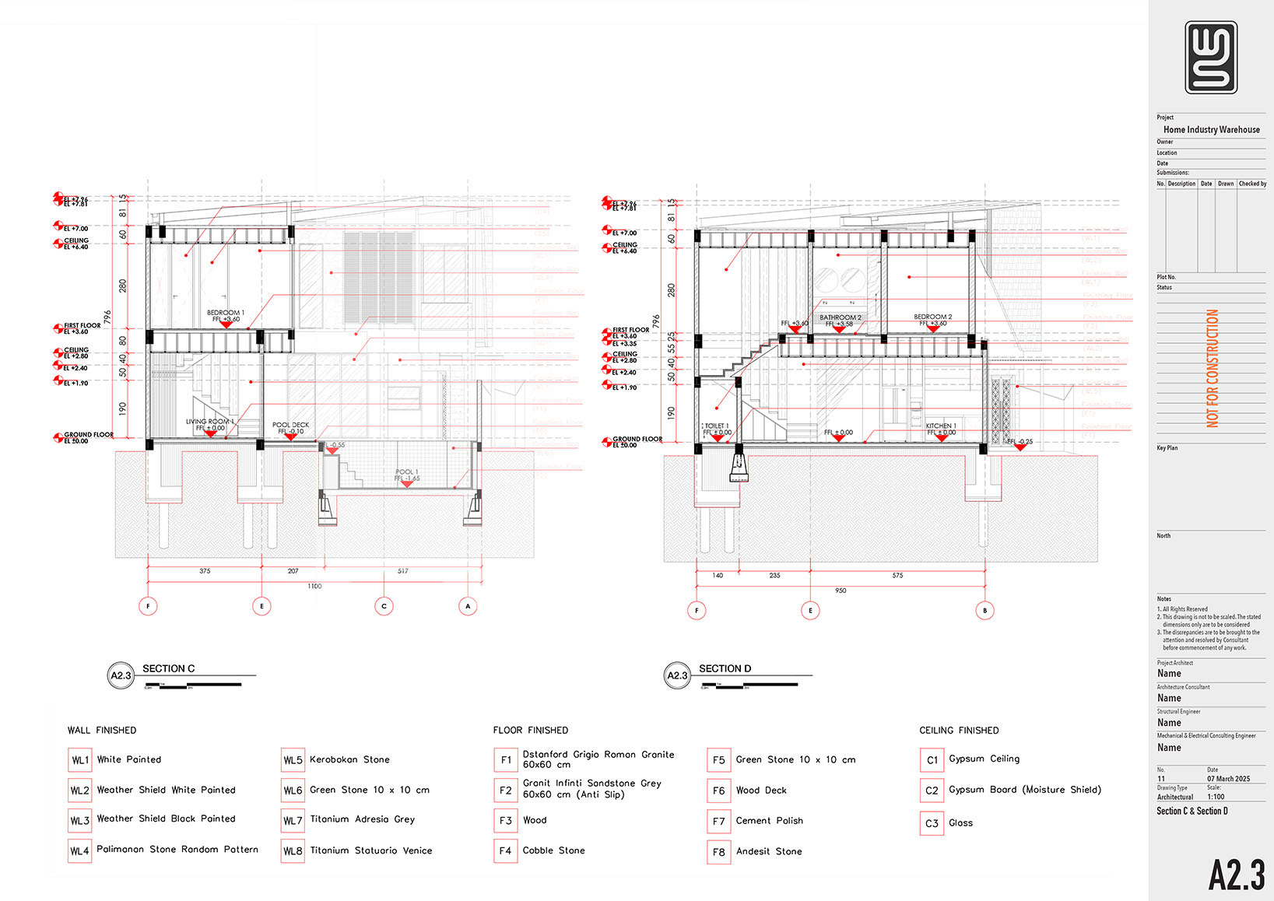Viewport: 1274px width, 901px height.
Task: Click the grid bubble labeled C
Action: [x=384, y=606]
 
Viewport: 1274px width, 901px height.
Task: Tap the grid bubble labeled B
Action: [x=984, y=611]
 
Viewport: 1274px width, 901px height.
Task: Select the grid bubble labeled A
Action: [x=468, y=606]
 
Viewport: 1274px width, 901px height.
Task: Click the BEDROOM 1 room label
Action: [x=226, y=313]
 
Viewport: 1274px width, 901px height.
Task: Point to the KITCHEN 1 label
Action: [x=941, y=426]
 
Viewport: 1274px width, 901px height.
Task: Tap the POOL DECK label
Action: [x=290, y=426]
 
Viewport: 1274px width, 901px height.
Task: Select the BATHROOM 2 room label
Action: [x=841, y=317]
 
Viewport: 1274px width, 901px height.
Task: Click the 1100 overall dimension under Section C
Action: [x=314, y=586]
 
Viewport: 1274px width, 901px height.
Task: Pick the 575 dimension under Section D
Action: [x=897, y=576]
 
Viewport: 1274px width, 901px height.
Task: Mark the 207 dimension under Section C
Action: [x=293, y=571]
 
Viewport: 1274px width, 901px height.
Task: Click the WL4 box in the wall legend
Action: [x=80, y=850]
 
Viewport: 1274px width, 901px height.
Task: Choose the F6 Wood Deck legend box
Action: [x=718, y=791]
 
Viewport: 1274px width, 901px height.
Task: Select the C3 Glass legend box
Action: [x=932, y=823]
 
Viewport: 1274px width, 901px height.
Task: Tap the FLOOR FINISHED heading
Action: [x=531, y=730]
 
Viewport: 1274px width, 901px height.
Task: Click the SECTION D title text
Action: [x=725, y=668]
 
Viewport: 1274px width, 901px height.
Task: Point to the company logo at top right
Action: [x=1211, y=57]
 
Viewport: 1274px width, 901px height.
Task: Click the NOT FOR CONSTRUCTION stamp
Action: [x=1212, y=368]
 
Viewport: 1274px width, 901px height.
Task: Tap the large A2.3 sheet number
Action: [x=1236, y=875]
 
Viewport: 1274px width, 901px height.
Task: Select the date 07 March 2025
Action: [x=1228, y=779]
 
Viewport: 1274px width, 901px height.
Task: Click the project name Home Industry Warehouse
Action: [x=1211, y=130]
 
